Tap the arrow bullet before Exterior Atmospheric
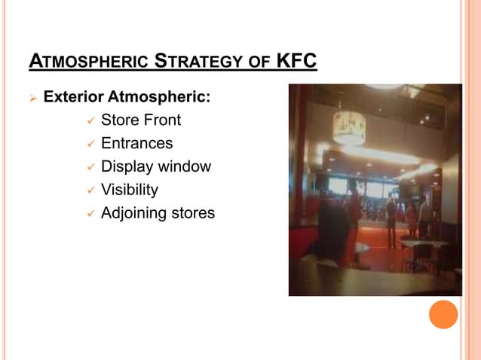click(x=32, y=98)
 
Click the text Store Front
click(x=141, y=120)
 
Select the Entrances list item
click(x=136, y=143)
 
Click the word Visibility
click(x=130, y=190)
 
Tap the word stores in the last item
click(x=192, y=213)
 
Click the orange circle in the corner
click(x=443, y=314)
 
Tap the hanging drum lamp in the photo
click(x=349, y=127)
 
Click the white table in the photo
click(x=419, y=245)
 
